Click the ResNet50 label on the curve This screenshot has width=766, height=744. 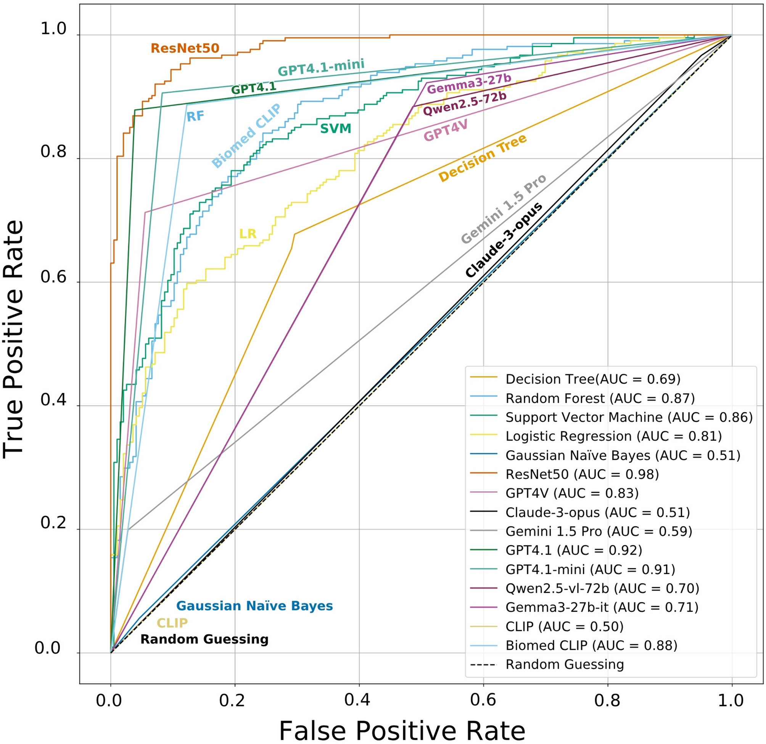pos(185,48)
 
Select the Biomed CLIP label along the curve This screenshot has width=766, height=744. pos(246,136)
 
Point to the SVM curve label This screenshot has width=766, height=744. pos(335,128)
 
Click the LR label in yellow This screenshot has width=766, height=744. pos(248,234)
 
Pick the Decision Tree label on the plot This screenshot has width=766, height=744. pos(483,158)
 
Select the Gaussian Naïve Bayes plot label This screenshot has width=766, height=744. pos(254,606)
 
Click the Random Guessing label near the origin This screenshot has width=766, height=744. pos(204,639)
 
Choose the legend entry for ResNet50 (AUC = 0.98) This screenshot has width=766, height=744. pos(581,474)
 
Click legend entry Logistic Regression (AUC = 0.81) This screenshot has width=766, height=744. pos(613,436)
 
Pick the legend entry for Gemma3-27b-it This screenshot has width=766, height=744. pos(601,607)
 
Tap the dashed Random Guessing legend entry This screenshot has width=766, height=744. pos(564,664)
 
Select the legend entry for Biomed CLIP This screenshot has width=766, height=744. pos(591,645)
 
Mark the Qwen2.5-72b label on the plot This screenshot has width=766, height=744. pos(465,104)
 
